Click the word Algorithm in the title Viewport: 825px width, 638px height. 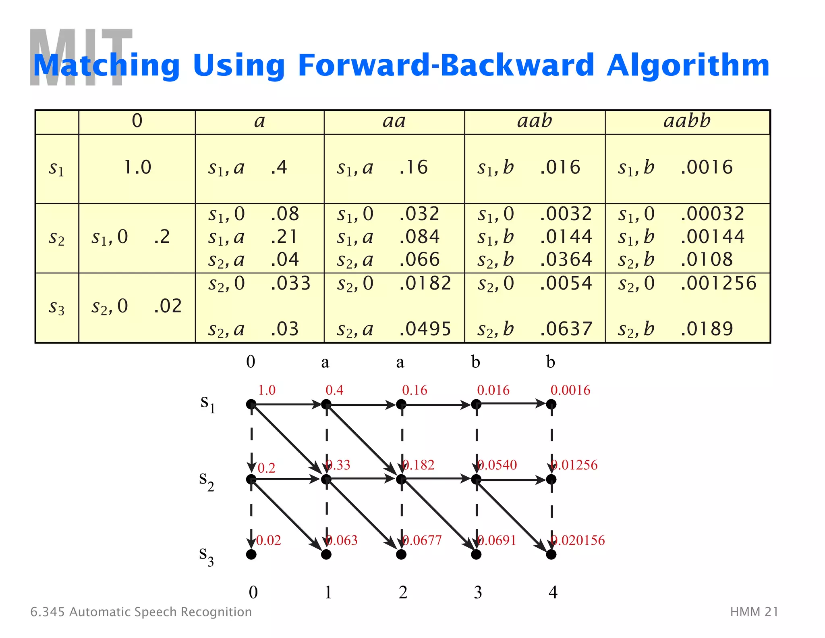688,66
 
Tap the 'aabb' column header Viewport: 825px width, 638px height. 687,121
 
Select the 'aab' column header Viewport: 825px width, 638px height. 535,121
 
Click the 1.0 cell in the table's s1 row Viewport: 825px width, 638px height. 137,167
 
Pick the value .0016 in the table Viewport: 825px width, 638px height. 707,167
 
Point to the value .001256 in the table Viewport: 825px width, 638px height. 719,283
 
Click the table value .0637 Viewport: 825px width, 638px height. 566,329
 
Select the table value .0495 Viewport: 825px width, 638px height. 425,329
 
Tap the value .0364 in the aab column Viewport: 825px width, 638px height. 566,259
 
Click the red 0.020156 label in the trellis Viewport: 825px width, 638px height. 578,540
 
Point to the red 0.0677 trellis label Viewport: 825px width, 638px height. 422,540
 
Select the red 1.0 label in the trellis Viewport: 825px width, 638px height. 267,390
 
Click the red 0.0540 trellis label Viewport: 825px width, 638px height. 497,465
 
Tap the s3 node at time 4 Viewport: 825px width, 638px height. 551,555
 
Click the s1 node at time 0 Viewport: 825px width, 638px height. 251,404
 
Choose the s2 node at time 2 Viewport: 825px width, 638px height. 401,480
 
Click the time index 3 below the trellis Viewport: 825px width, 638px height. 478,592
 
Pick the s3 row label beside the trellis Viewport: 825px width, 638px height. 207,556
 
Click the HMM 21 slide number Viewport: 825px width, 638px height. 754,612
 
